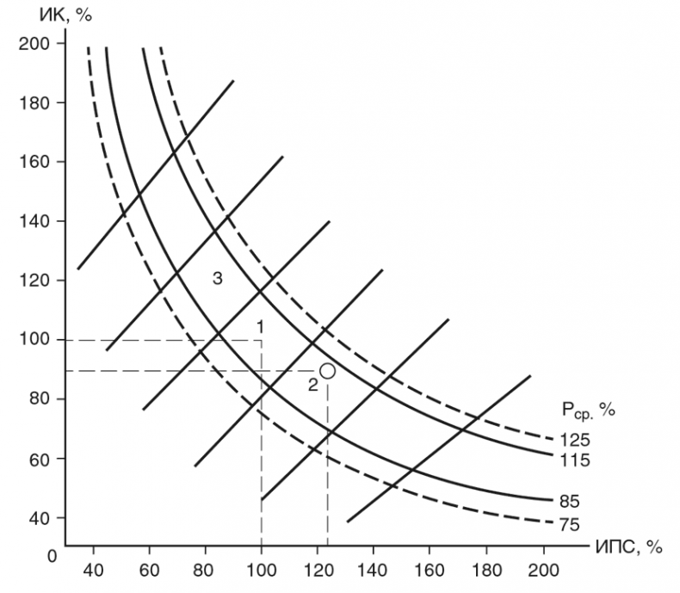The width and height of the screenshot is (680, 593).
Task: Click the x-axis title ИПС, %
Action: (630, 546)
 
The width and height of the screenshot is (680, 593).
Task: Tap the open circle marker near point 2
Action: (327, 370)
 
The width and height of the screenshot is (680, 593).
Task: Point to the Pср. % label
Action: (584, 411)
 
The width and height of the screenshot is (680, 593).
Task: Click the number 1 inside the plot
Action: (259, 326)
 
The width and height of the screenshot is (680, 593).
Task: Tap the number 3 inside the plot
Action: (218, 278)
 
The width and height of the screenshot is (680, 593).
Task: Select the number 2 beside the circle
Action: (312, 385)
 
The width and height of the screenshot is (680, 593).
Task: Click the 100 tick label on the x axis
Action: (260, 569)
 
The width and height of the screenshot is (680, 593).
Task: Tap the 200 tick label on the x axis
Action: (542, 569)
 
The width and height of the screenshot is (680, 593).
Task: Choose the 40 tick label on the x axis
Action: (93, 569)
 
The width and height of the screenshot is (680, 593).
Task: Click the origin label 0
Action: (52, 556)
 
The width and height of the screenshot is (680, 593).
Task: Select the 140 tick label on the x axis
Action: (373, 569)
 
